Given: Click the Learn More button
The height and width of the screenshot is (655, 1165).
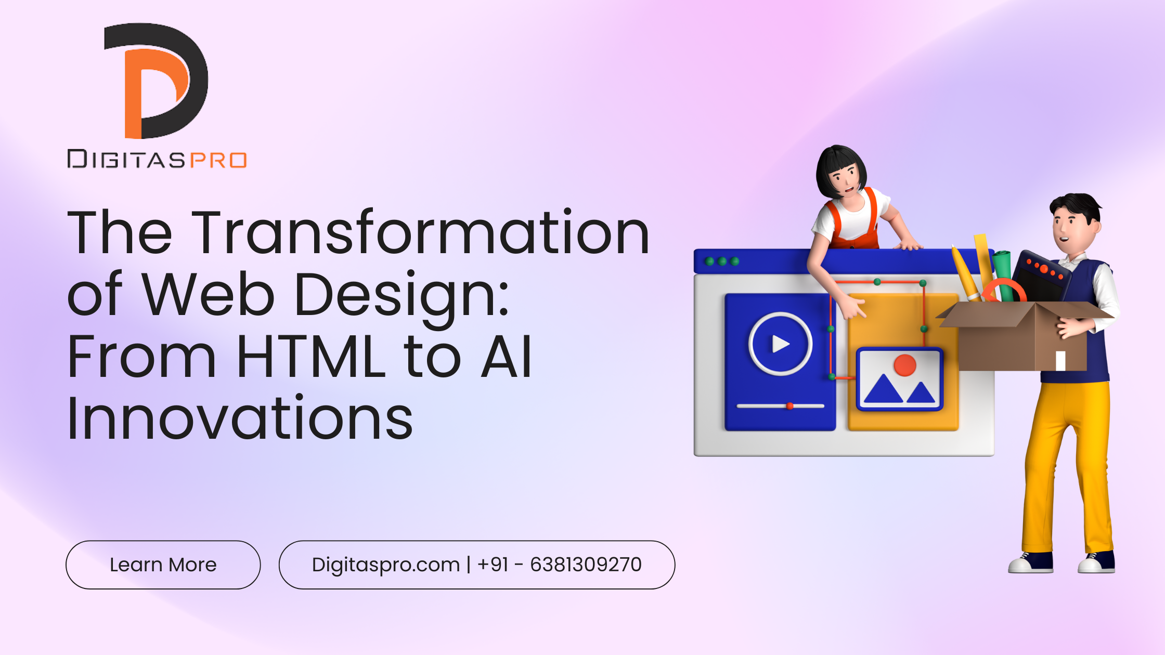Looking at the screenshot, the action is (x=163, y=565).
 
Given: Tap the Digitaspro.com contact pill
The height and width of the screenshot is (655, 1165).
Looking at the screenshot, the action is (x=477, y=565).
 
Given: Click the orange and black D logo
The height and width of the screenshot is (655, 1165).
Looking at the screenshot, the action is (x=156, y=81).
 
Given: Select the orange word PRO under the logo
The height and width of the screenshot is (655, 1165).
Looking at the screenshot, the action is (x=218, y=160).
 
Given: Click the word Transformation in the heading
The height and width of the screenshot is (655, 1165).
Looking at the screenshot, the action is (x=421, y=232).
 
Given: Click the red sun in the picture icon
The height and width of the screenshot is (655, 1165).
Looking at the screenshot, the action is (x=905, y=365).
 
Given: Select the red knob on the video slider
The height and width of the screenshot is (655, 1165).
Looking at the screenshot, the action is (x=790, y=406).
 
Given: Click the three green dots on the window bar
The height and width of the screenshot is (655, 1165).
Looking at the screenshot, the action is (x=722, y=261).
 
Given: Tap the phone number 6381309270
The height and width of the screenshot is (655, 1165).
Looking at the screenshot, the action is (x=586, y=565).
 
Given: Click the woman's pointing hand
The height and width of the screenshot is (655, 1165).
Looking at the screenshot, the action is (x=853, y=307).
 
